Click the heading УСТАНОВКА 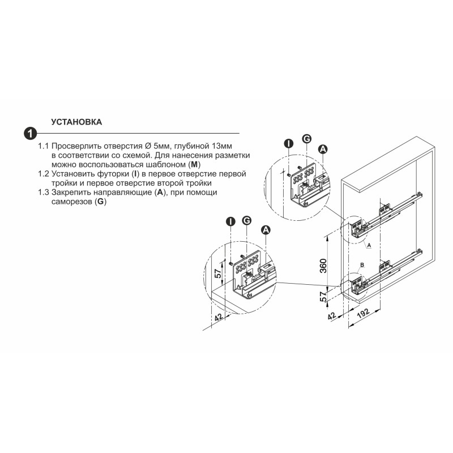click(76, 122)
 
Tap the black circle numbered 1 click(30, 134)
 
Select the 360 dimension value click(323, 266)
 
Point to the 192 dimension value click(363, 313)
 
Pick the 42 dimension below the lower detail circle click(219, 317)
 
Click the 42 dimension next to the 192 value click(332, 316)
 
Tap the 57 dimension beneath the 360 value click(323, 297)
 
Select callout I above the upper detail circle click(288, 144)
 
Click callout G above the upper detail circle click(306, 139)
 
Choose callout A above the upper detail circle click(323, 149)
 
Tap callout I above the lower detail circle click(230, 221)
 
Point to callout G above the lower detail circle click(246, 220)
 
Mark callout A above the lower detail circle click(266, 230)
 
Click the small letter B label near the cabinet click(362, 265)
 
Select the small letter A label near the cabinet click(369, 245)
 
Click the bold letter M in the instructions click(194, 165)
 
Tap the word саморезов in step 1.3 click(72, 202)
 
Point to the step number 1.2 click(44, 174)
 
